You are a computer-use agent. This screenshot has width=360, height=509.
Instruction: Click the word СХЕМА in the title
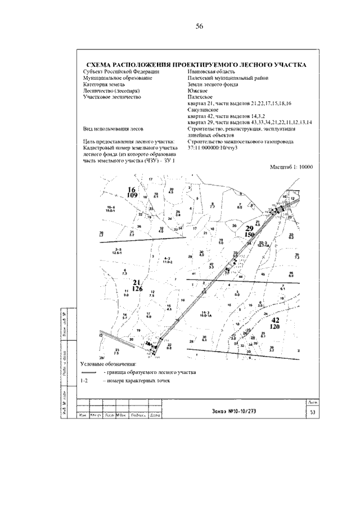[x=100, y=65]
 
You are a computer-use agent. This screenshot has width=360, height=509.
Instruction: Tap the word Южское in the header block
[x=197, y=91]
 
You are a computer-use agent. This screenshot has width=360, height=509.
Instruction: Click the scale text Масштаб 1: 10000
[x=291, y=167]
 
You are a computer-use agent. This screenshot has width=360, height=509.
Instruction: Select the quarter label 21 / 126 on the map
[x=137, y=286]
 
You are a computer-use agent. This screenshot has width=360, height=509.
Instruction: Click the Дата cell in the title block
[x=155, y=416]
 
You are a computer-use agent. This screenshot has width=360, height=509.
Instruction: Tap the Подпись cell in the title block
[x=138, y=416]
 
